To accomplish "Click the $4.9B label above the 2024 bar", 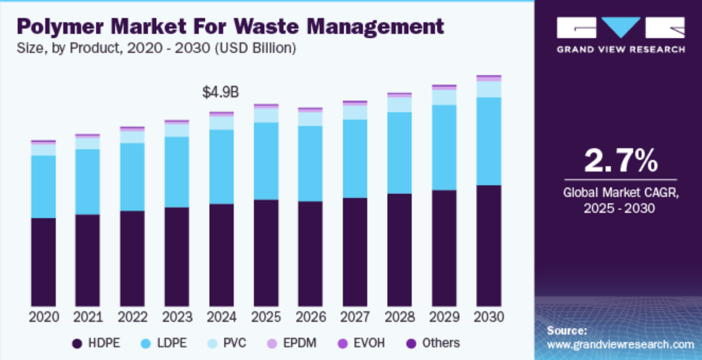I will (220, 92).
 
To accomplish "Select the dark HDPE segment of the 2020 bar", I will (43, 261).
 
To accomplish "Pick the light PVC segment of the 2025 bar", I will (266, 115).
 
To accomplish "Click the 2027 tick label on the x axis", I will (355, 316).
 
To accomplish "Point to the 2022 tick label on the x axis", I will (132, 316).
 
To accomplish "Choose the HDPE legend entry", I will (96, 344).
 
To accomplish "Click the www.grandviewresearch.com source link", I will (621, 344).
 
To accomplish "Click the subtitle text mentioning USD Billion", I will (157, 49).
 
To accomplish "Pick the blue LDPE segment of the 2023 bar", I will (177, 172).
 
